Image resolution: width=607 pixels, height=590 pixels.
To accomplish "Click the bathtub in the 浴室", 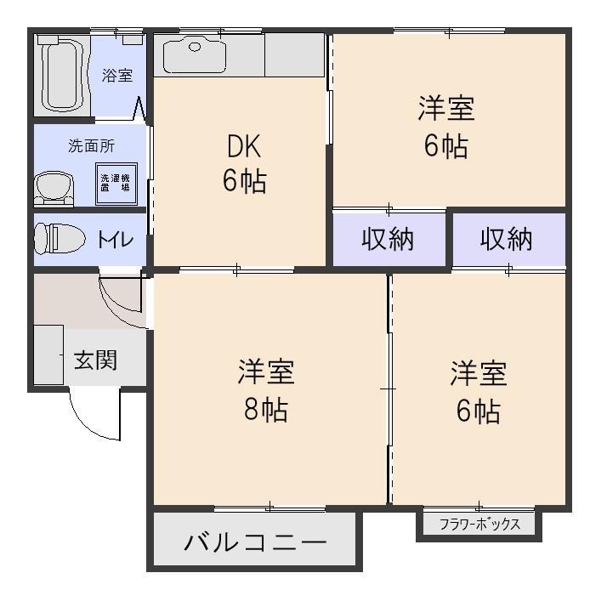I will tap(60, 74).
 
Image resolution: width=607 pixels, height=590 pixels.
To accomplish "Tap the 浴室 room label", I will tap(117, 75).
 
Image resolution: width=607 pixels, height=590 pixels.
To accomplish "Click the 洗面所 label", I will tap(91, 145).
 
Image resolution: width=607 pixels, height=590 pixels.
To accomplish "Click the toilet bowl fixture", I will tap(57, 237).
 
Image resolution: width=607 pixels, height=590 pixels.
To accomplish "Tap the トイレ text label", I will tap(116, 240).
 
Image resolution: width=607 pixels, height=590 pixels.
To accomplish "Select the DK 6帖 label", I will tap(243, 164).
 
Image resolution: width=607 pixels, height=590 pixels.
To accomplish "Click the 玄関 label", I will tap(95, 360).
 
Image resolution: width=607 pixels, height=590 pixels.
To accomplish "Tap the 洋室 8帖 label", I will tap(266, 391).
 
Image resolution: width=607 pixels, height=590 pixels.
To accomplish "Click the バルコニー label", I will tap(254, 542).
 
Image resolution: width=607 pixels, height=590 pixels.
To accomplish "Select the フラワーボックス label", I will tap(479, 525).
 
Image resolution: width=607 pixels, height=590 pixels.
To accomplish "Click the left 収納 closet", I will tap(389, 240).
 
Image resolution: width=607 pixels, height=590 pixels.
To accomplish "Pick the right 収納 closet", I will tap(507, 240).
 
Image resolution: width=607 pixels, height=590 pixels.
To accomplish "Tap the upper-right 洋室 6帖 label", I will tap(445, 128).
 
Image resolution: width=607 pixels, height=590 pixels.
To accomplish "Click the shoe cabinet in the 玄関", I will tap(48, 355).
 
